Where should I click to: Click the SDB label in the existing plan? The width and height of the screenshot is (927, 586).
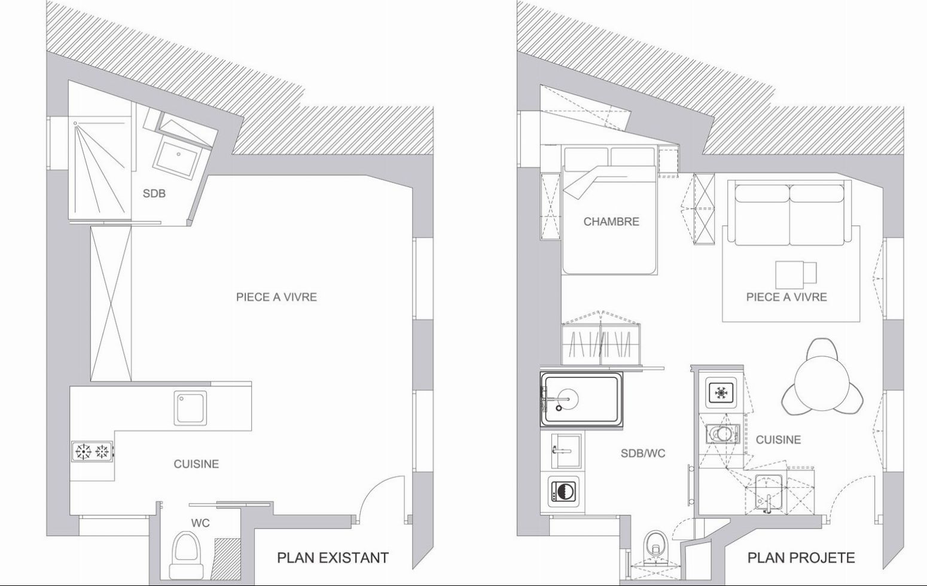pos(154,193)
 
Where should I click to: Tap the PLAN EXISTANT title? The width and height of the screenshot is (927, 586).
pos(333,557)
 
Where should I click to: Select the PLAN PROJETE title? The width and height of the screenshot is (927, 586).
pos(801,557)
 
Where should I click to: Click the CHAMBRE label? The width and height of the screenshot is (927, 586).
pos(611,221)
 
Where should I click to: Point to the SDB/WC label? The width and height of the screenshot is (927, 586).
pos(643,454)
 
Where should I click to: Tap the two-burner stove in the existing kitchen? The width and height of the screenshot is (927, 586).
pos(92,451)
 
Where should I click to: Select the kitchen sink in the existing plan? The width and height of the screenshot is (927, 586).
pos(190,408)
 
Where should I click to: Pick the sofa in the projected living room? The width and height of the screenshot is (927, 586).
pos(789,215)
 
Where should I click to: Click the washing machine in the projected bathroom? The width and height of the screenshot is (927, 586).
pos(565,493)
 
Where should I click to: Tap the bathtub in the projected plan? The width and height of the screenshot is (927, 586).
pos(581,399)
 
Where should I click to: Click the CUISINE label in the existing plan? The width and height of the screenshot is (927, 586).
pos(196,464)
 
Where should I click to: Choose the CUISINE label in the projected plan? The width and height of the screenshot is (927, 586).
pos(778,439)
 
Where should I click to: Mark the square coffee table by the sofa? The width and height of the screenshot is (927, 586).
pos(789,274)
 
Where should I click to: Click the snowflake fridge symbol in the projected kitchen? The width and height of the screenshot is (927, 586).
pos(722,392)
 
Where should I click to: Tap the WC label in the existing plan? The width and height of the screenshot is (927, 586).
pos(200,523)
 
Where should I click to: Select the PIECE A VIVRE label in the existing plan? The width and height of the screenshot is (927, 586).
pos(276,297)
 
